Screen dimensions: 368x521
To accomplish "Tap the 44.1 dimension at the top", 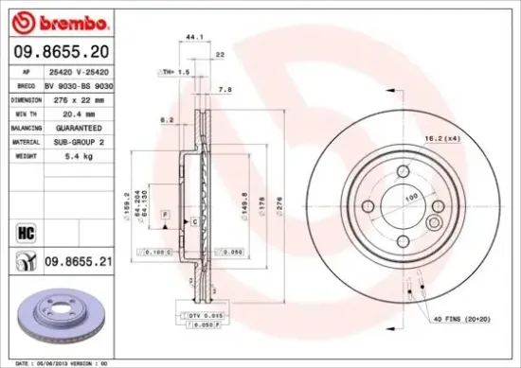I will coord(193,37).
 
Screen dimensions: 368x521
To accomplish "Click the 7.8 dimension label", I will coord(225,90).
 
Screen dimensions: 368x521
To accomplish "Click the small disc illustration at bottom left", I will coord(47,312).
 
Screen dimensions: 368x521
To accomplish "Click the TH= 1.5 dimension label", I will coord(175,72).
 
